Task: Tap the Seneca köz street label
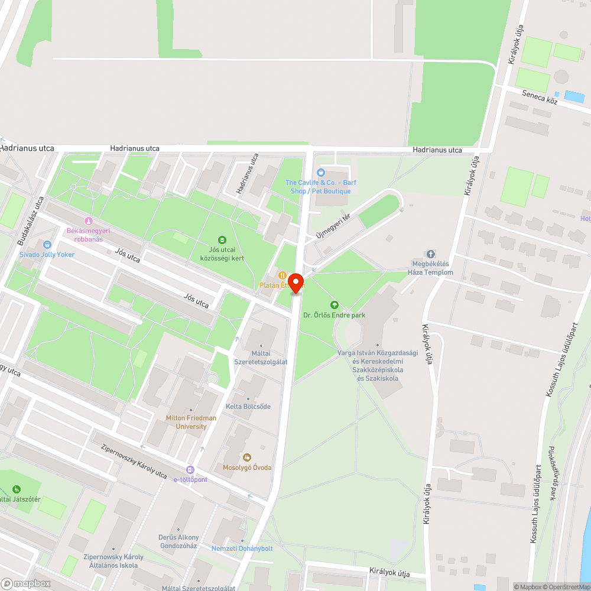coord(540,98)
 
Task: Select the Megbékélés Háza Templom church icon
coord(430,254)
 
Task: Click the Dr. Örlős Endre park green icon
coord(334,305)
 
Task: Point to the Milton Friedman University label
coord(190,422)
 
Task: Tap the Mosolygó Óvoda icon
coord(246,457)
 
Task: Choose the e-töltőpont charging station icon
coord(190,469)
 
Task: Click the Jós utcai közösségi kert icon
coord(222,239)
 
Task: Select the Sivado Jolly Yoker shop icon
coord(47,244)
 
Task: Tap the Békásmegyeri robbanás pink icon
coord(89,220)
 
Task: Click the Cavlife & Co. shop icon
coord(321,173)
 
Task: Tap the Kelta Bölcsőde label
coord(248,407)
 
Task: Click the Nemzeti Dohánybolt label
coord(242,548)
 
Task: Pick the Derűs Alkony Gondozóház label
coord(179,541)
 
